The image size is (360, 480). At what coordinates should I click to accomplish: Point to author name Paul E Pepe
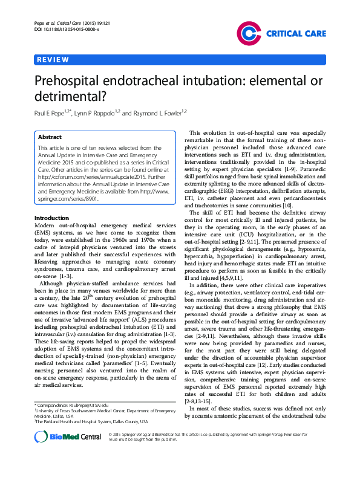(54, 112)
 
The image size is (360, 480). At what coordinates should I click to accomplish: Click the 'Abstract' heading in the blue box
(50, 137)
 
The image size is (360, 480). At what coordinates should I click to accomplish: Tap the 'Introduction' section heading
(51, 218)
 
